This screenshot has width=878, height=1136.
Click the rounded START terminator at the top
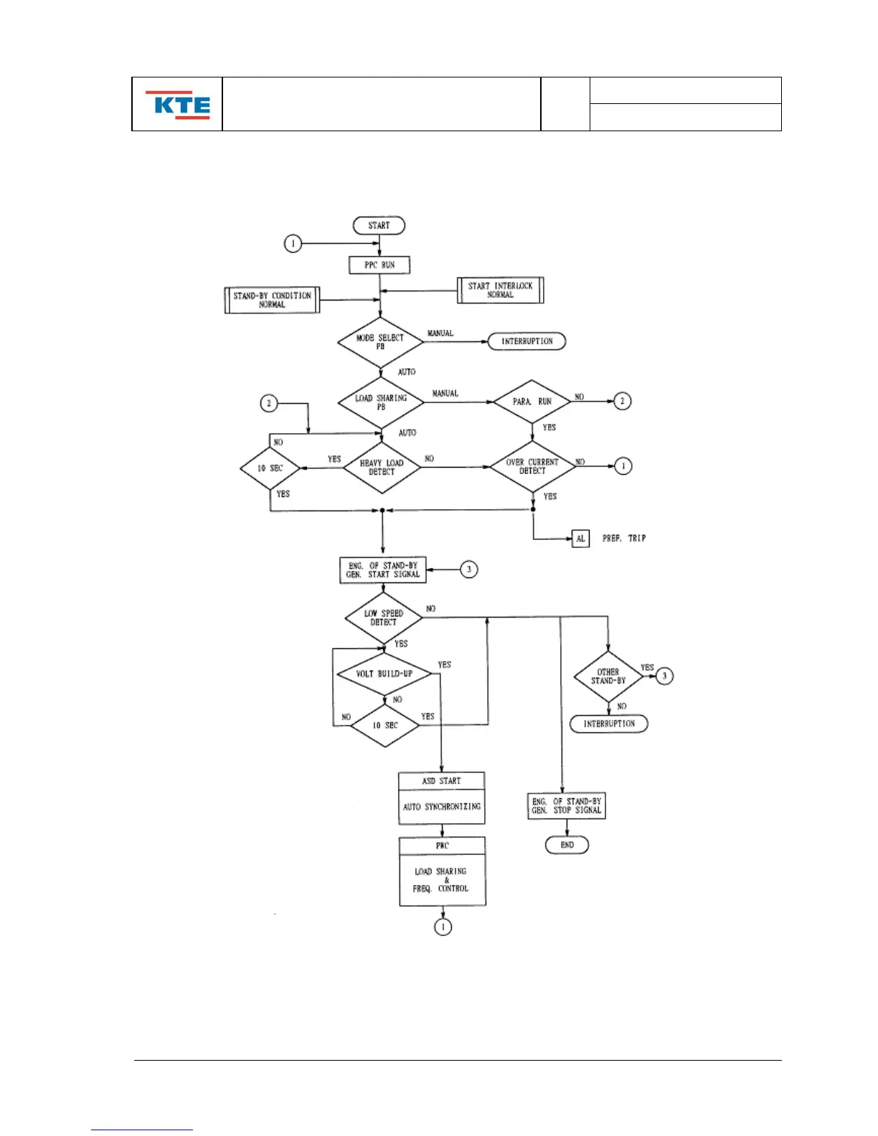pyautogui.click(x=379, y=225)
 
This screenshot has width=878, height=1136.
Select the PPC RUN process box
pyautogui.click(x=379, y=265)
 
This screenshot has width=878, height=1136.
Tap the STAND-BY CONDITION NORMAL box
pyautogui.click(x=272, y=300)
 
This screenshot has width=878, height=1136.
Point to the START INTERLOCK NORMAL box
pyautogui.click(x=500, y=290)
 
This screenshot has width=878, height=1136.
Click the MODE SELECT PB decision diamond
pyautogui.click(x=380, y=342)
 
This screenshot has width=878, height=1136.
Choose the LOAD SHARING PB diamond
pyautogui.click(x=381, y=402)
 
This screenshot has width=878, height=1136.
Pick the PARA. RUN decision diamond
pyautogui.click(x=532, y=402)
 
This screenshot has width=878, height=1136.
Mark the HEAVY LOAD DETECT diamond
pyautogui.click(x=382, y=468)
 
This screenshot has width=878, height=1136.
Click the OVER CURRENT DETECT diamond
pyautogui.click(x=532, y=467)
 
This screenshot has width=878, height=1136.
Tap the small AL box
pyautogui.click(x=580, y=539)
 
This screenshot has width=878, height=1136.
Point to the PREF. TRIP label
pyautogui.click(x=624, y=539)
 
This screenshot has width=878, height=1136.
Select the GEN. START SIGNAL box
pyautogui.click(x=382, y=570)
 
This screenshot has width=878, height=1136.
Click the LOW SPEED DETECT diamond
pyautogui.click(x=383, y=617)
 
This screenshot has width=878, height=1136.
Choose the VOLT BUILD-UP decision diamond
pyautogui.click(x=384, y=673)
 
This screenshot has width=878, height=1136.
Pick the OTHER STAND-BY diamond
pyautogui.click(x=608, y=676)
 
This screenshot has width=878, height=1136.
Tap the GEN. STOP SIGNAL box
pyautogui.click(x=567, y=805)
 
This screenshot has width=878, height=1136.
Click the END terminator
pyautogui.click(x=567, y=845)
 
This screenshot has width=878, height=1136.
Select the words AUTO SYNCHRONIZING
pyautogui.click(x=442, y=807)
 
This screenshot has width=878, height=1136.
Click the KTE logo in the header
pyautogui.click(x=178, y=105)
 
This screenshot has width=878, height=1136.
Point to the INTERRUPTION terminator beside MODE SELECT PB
pyautogui.click(x=527, y=341)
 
